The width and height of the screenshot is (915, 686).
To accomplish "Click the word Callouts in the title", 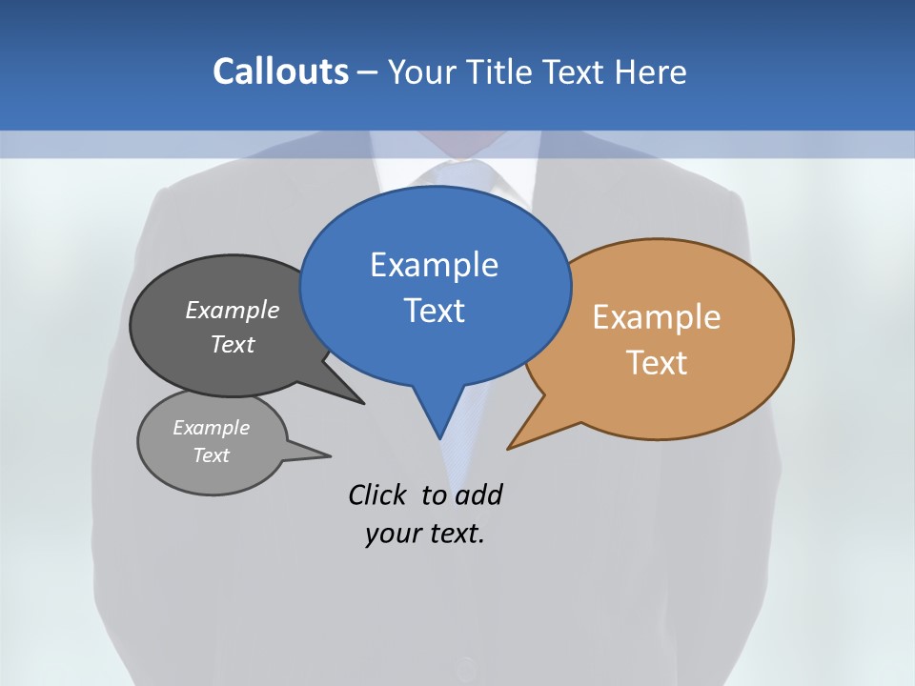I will pos(280,71).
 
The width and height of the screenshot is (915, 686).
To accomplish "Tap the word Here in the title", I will pos(651,72).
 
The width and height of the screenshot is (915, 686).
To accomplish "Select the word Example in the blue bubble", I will pos(434,265).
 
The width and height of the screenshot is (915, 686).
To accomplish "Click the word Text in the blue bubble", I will pos(434,311).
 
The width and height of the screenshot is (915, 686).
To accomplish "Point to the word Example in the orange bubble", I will pos(657,317).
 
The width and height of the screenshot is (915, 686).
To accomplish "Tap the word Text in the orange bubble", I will pos(657,363).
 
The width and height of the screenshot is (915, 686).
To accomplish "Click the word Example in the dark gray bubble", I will pos(233,310).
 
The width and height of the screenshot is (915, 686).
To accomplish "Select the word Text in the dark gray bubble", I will pos(233,344).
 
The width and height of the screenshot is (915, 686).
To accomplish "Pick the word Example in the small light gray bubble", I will pos(211,428).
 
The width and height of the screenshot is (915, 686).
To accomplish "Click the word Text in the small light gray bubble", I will pos(211,455).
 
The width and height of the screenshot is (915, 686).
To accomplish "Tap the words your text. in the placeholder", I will pos(425,534).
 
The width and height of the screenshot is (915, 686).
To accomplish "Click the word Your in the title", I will pos(420,72).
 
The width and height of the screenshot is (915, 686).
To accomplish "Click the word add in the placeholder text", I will pos(478,495).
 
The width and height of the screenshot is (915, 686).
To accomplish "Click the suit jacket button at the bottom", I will pos(465,668).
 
